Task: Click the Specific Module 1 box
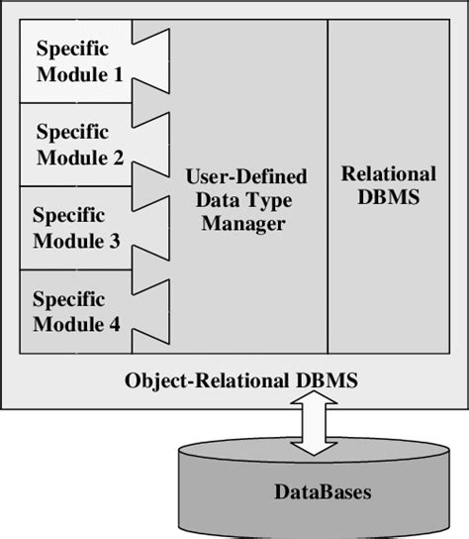[74, 59]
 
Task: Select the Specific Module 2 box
[74, 143]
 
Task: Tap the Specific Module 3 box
[74, 228]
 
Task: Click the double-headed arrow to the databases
[314, 422]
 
